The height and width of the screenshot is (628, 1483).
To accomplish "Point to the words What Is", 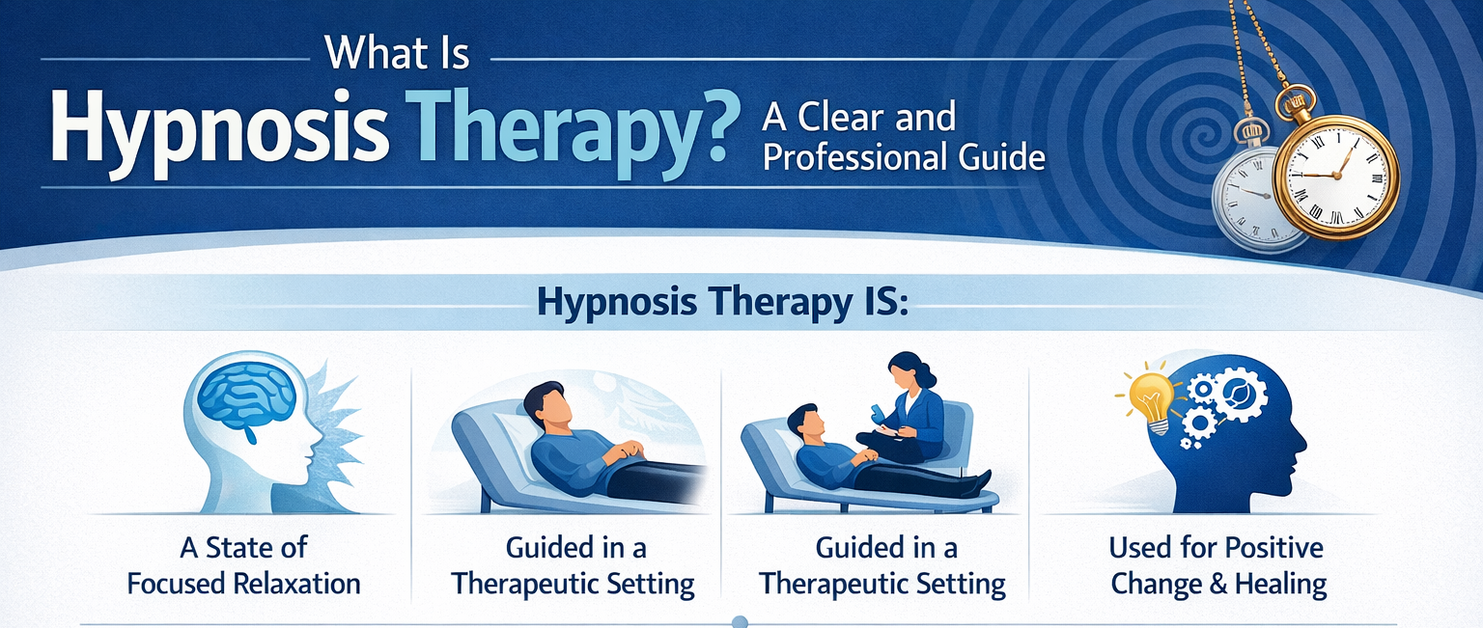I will [x=398, y=55].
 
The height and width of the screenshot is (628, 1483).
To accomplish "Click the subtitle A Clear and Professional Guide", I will [x=903, y=136].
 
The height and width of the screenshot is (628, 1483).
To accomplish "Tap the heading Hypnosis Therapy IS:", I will [x=723, y=302].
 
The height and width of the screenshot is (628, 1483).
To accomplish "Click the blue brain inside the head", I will [x=246, y=405].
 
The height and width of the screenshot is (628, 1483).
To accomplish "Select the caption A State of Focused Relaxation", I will [x=243, y=566].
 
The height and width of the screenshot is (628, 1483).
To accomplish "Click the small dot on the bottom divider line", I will [x=741, y=622].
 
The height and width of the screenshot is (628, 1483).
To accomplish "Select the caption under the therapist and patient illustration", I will [x=881, y=566].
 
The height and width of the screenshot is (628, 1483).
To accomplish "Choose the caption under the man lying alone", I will [x=574, y=566].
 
